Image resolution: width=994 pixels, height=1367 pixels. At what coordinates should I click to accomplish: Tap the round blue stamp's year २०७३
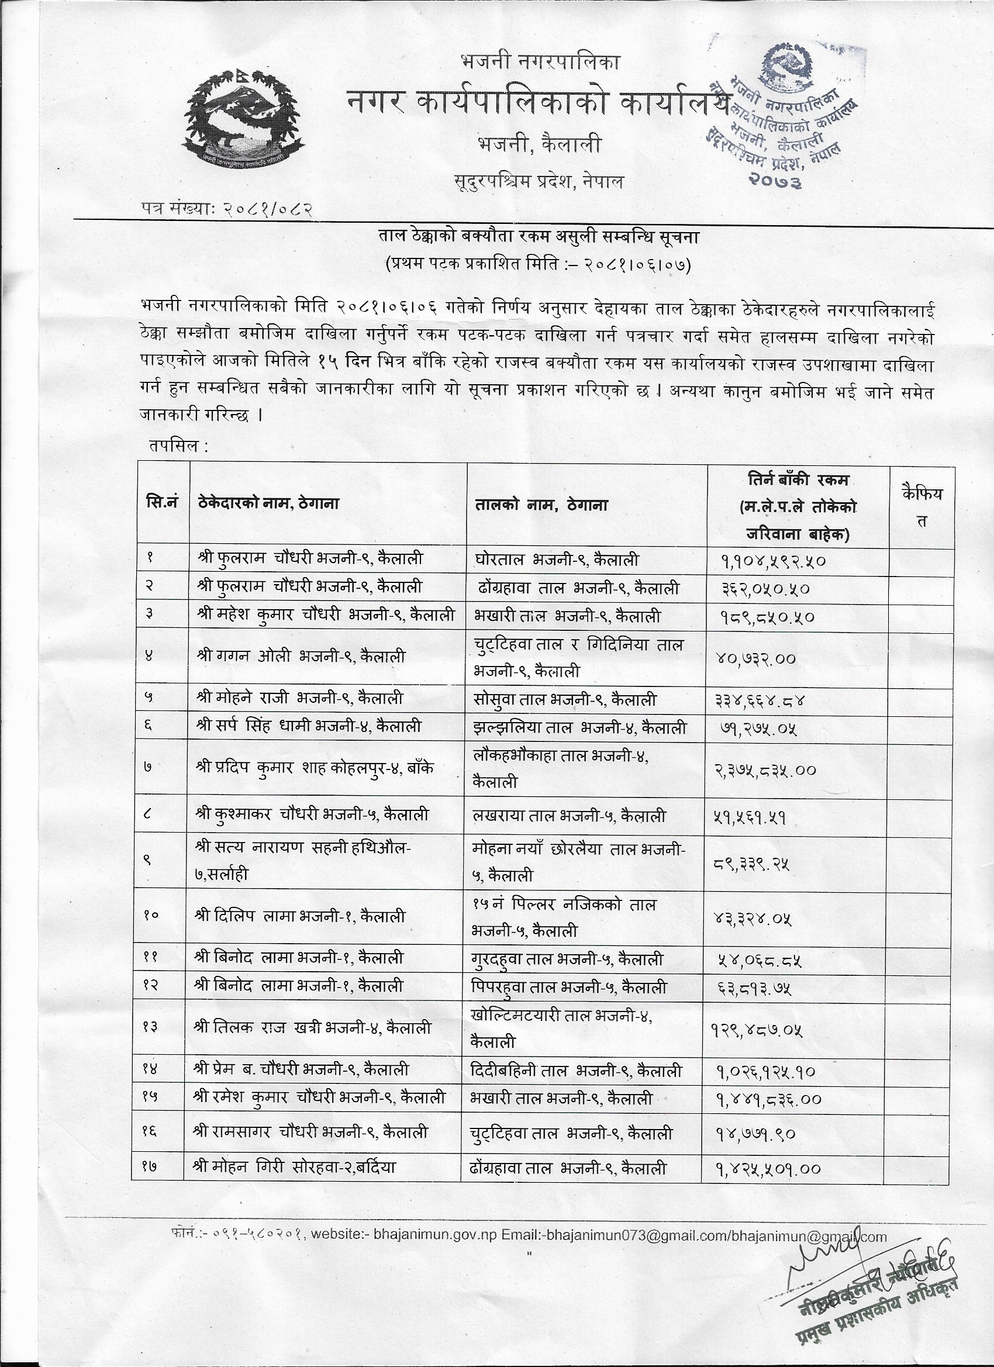pos(776,180)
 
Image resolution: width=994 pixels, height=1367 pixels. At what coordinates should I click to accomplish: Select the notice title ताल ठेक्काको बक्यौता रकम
pos(537,237)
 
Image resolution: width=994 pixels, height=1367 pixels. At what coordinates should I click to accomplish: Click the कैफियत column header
pos(921,505)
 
